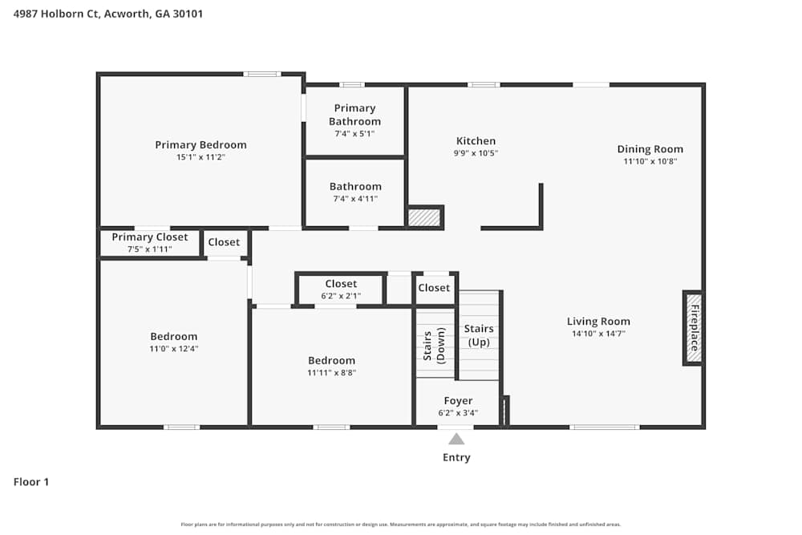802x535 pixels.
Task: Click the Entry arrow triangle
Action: [456, 439]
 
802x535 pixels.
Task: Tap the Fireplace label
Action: [695, 328]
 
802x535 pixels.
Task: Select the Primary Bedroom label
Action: [200, 145]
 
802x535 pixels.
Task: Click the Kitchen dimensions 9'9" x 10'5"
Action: [476, 153]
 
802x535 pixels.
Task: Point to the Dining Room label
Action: [650, 149]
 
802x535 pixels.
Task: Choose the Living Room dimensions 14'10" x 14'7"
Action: [598, 334]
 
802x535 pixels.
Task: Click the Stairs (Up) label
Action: [479, 336]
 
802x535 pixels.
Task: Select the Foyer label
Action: [458, 401]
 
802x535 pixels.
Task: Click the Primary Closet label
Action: [149, 237]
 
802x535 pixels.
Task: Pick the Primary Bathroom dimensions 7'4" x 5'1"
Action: [354, 134]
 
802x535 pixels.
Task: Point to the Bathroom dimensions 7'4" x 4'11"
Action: [354, 199]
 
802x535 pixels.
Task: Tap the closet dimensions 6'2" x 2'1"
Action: [341, 296]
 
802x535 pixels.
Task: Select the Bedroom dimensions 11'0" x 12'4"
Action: [173, 349]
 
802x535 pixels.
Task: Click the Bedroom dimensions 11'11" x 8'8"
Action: [331, 373]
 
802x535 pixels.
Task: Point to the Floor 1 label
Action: [31, 482]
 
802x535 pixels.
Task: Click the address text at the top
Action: [108, 14]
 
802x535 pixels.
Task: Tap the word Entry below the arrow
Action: [456, 458]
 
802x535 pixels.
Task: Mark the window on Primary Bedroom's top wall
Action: [262, 74]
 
